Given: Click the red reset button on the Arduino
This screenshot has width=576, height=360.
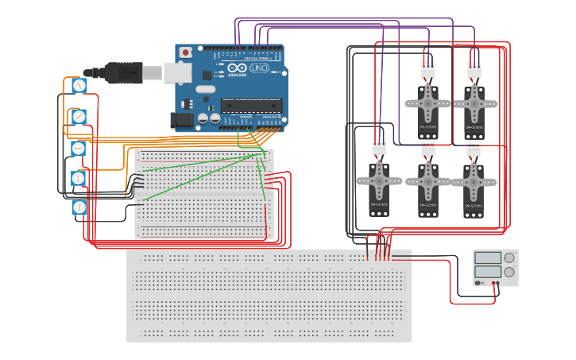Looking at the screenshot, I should (x=186, y=53).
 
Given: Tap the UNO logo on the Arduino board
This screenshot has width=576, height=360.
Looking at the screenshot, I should (x=259, y=68).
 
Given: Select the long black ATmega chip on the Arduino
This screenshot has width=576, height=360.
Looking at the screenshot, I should (x=251, y=105).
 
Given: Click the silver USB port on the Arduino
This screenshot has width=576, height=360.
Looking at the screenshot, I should (x=175, y=73).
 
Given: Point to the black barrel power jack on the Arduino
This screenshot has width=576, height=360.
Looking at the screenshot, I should (x=182, y=121).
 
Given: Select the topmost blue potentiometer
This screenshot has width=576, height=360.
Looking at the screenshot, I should (x=79, y=85).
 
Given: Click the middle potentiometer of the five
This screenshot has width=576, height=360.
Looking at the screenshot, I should (x=79, y=148).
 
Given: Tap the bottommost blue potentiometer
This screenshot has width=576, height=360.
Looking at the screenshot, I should (x=79, y=207).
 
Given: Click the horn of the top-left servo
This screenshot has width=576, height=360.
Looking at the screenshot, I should (x=428, y=102).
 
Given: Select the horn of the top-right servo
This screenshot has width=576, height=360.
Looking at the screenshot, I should (x=474, y=102).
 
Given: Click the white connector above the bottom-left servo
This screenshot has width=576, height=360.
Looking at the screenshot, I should (x=379, y=147).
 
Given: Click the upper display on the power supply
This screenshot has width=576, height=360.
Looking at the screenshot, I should (x=488, y=257).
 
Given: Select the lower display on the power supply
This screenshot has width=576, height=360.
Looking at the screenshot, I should (x=488, y=272).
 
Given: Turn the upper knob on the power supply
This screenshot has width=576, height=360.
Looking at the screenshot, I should (x=509, y=257).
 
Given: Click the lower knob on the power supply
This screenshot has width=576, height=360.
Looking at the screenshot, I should (x=509, y=272).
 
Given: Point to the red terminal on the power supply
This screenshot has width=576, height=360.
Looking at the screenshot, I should (x=494, y=283).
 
